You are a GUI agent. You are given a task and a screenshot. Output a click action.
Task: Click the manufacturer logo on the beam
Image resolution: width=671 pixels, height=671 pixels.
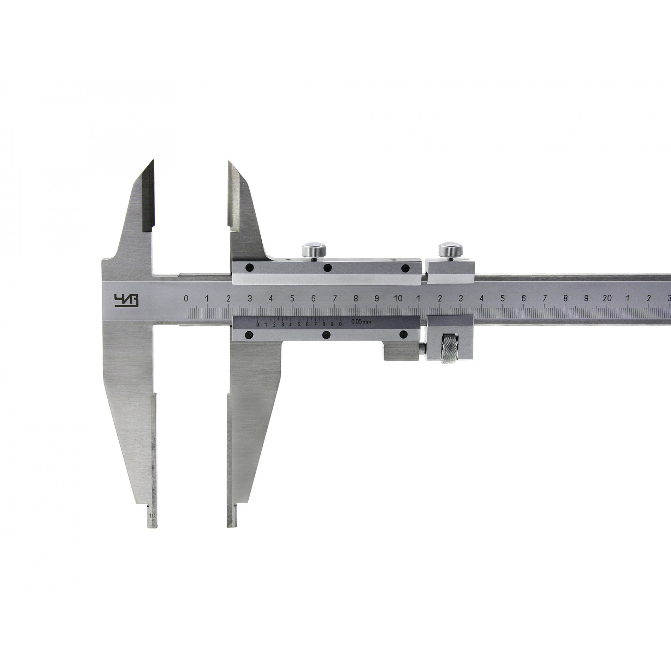click(x=126, y=301)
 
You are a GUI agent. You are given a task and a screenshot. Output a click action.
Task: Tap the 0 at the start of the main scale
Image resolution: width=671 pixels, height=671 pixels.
click(x=186, y=299)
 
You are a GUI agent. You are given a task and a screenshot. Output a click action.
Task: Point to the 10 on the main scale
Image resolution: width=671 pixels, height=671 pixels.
click(x=398, y=298)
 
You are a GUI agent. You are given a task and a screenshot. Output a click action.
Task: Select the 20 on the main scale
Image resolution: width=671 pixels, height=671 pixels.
click(x=607, y=298)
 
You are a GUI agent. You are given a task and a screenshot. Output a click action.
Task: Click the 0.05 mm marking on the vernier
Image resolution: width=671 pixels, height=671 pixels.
click(x=361, y=322)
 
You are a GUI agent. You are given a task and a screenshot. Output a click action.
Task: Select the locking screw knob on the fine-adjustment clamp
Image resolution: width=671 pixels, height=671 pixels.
click(x=450, y=250)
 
